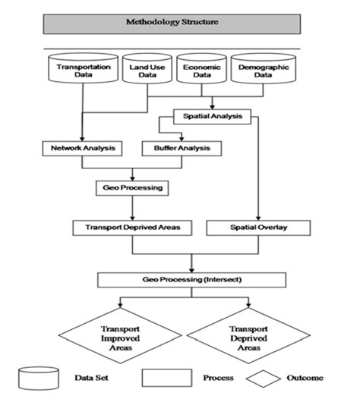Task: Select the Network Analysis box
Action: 78,149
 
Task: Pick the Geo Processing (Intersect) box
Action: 192,280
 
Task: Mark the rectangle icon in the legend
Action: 166,377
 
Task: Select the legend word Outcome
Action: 305,377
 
